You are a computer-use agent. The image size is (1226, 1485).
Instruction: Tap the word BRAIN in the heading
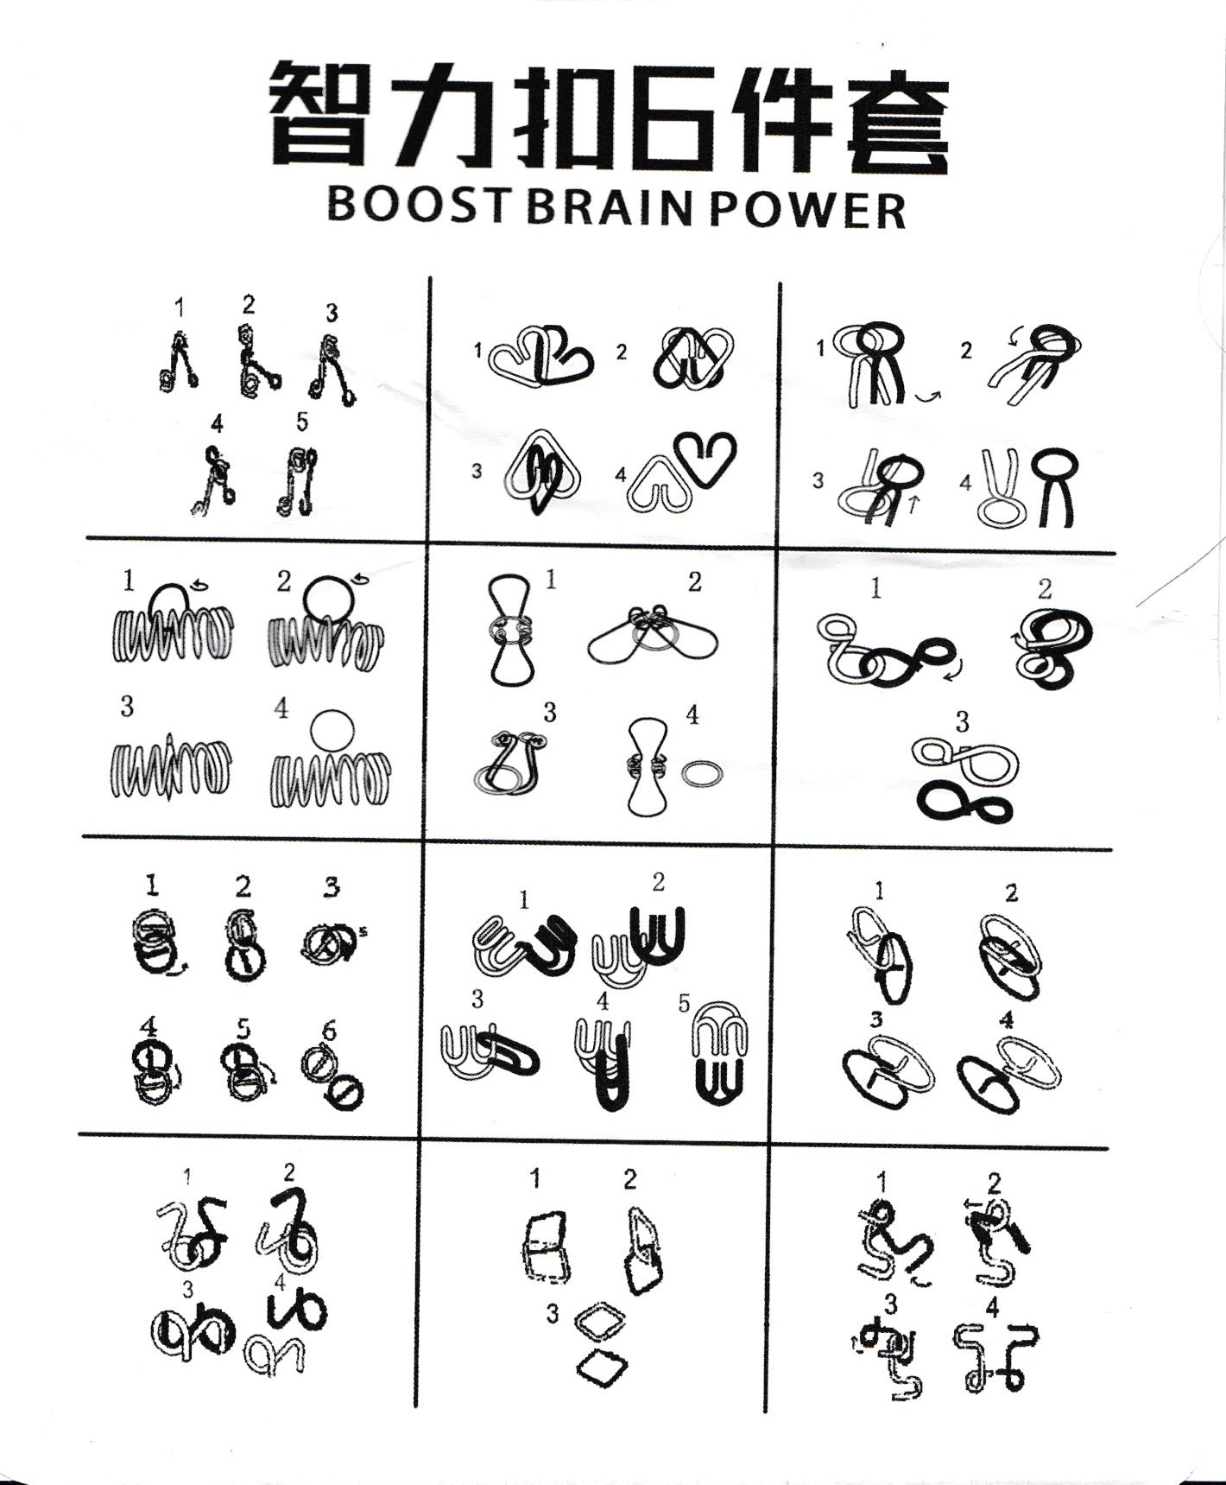[x=609, y=207]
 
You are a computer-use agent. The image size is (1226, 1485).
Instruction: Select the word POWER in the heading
[x=808, y=208]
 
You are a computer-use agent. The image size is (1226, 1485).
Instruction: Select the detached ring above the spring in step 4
[x=332, y=730]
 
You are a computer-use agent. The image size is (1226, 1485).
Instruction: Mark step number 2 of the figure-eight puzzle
[x=1045, y=589]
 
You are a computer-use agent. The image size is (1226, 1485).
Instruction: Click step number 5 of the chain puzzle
[x=301, y=422]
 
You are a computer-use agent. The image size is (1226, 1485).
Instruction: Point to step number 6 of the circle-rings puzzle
[x=329, y=1031]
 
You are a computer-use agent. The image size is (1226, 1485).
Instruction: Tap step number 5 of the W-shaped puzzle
[x=684, y=1004]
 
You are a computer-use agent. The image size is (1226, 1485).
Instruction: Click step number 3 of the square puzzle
[x=552, y=1315]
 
